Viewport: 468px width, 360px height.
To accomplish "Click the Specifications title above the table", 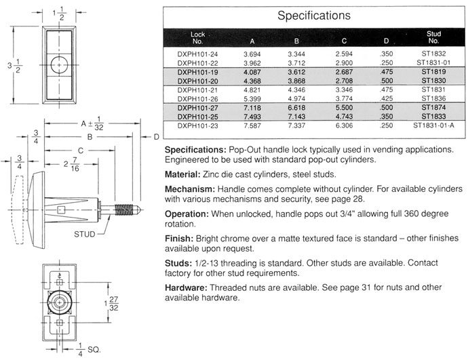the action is [314, 16].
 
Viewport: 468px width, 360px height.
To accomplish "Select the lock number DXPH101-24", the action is [197, 54].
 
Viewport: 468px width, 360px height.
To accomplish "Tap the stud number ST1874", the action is [433, 107].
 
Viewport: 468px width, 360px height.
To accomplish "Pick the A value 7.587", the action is [252, 125].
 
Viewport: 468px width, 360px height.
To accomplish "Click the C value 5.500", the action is [344, 108].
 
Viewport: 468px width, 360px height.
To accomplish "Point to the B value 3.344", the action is [296, 54].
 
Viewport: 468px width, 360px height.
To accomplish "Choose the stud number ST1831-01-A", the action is [433, 125].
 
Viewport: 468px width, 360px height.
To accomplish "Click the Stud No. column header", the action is [433, 37].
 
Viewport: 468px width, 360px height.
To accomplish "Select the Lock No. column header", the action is [197, 38].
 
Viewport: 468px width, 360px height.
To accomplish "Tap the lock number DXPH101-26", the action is [197, 99].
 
